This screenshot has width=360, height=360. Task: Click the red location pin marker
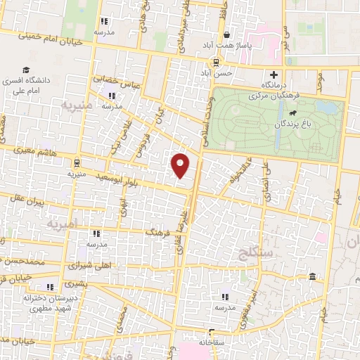pos(181,165)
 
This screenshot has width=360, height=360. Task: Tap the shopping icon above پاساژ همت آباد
pos(226,34)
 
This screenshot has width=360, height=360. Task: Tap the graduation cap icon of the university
pos(26,71)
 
